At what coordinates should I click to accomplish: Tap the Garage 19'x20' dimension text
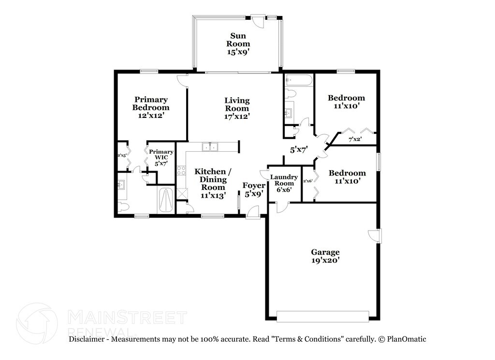[x=325, y=260]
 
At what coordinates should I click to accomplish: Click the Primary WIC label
[x=160, y=158]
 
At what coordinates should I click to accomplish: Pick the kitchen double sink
[x=210, y=147]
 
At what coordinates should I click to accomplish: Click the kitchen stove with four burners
[x=182, y=170]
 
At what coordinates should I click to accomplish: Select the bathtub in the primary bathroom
[x=165, y=200]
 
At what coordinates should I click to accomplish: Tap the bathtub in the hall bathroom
[x=299, y=80]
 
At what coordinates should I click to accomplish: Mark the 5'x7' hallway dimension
[x=299, y=150]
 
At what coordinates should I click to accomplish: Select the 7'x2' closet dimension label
[x=355, y=140]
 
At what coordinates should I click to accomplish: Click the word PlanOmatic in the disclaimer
[x=406, y=339]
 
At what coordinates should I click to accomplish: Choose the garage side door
[x=375, y=235]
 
